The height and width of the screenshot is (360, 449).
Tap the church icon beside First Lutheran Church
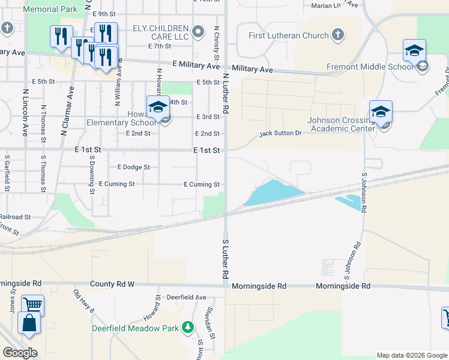pos(338,34)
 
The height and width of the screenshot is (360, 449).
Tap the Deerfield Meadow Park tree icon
pos(188,327)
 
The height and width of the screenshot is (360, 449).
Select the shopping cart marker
pos(32,305)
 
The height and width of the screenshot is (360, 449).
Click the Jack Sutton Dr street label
pos(280,134)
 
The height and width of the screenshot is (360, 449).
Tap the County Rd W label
pos(112,283)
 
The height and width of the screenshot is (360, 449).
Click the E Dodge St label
pos(133,167)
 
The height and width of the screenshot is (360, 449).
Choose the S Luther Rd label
pos(226,258)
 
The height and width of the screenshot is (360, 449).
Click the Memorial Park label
pos(52,9)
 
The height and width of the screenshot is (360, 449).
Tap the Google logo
pos(20,353)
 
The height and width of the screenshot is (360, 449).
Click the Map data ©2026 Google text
pos(412,355)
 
